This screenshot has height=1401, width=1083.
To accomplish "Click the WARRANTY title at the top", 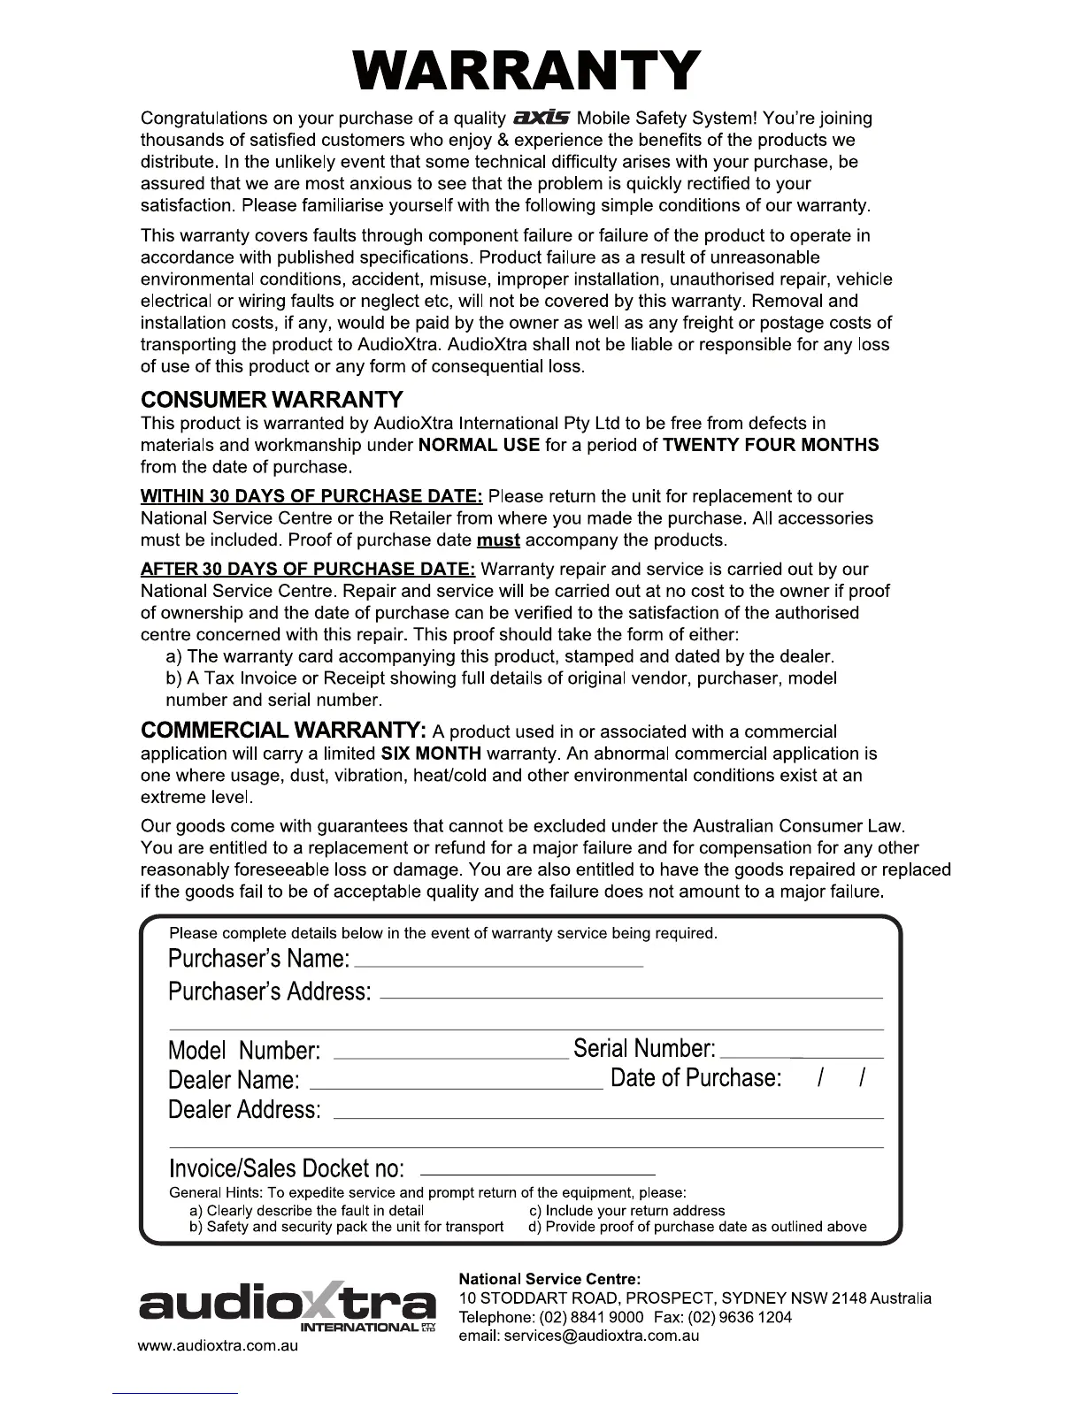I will pos(527,71).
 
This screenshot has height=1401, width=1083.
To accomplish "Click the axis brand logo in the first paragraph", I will pos(543,118).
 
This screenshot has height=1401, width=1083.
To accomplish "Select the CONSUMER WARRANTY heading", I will pos(272,399).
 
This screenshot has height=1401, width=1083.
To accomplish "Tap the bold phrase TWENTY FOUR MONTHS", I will pos(771,445).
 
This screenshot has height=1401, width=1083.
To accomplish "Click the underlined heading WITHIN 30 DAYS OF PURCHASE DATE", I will pos(311,496).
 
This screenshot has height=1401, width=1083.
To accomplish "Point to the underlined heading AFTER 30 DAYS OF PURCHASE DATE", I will pos(308,569).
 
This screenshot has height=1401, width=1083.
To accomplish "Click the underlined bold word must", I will pos(498,540).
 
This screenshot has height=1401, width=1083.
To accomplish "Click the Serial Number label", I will pos(644,1049).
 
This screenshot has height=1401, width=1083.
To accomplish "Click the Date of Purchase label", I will pos(696,1077).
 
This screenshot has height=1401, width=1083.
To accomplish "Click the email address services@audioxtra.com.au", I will pos(579,1336).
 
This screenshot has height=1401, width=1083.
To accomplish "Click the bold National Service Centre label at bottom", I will pos(549,1279).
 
